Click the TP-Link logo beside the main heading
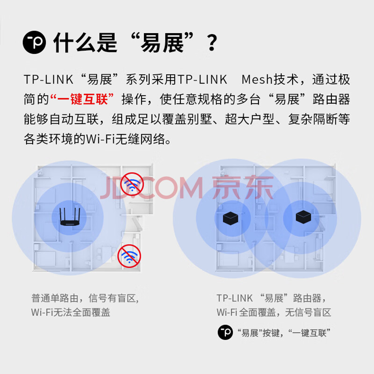click(x=34, y=42)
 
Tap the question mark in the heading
click(x=212, y=43)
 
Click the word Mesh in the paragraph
click(x=257, y=79)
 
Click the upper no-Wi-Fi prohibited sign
click(x=132, y=184)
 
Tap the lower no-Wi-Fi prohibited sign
click(x=129, y=256)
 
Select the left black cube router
click(x=230, y=218)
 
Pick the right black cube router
click(x=303, y=216)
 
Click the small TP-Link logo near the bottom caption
click(x=225, y=332)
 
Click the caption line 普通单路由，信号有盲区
click(x=85, y=298)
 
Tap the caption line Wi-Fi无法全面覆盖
click(x=71, y=312)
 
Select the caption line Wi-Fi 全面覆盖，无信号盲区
click(x=274, y=312)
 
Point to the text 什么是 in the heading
click(x=85, y=43)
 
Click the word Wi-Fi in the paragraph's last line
click(x=101, y=139)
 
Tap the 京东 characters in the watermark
click(x=243, y=187)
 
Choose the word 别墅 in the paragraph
click(x=200, y=119)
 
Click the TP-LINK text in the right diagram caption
click(x=235, y=298)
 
